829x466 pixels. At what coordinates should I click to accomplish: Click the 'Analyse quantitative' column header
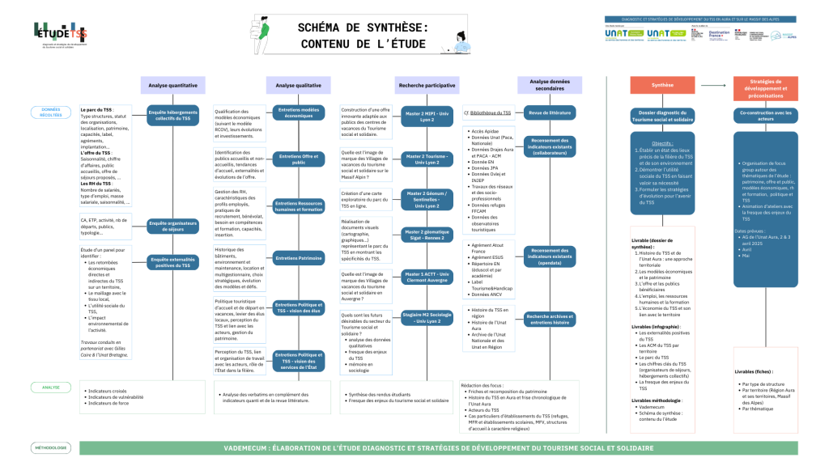click(x=172, y=85)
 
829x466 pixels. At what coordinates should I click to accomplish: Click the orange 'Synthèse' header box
click(x=662, y=85)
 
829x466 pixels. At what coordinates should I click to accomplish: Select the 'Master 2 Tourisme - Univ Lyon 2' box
click(x=427, y=156)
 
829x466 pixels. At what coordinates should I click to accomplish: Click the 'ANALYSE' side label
click(x=51, y=388)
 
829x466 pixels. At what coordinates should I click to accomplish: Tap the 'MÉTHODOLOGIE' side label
click(x=51, y=447)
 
